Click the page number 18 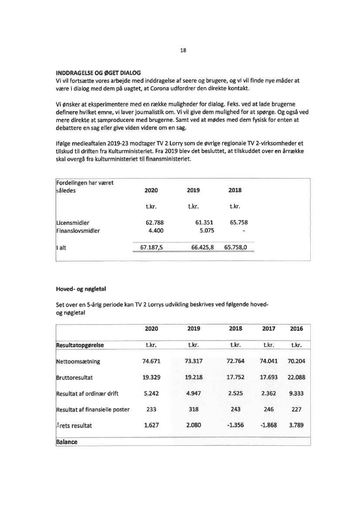click(183, 50)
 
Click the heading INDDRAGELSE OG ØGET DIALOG click(98, 72)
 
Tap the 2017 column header click(268, 329)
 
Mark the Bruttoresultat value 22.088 click(296, 377)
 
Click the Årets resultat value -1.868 click(269, 426)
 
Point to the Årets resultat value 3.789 click(296, 426)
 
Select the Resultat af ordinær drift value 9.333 click(296, 394)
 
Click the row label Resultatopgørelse click(82, 345)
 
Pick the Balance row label click(67, 442)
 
